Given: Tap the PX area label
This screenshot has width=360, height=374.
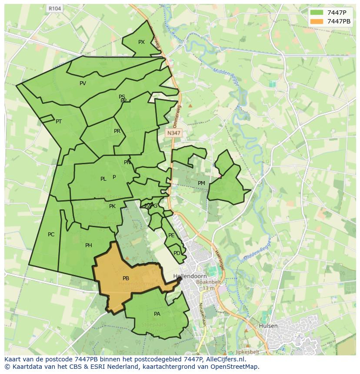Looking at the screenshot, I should pyautogui.click(x=141, y=42).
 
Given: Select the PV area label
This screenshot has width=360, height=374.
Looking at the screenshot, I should pyautogui.click(x=83, y=83).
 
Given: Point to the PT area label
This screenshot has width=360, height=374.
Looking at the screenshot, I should pyautogui.click(x=59, y=122).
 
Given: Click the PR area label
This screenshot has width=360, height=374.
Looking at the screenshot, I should pyautogui.click(x=117, y=131).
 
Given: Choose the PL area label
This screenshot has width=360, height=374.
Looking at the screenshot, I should pyautogui.click(x=103, y=179).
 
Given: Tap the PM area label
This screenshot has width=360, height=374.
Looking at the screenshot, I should pyautogui.click(x=201, y=183).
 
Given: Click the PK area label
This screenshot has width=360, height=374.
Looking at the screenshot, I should pyautogui.click(x=112, y=206).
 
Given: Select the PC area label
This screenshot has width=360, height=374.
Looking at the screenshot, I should pyautogui.click(x=51, y=235).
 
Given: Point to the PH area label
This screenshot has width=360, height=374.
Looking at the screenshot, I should pyautogui.click(x=89, y=245).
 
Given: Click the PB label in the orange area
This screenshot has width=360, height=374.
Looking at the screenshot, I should pyautogui.click(x=126, y=278).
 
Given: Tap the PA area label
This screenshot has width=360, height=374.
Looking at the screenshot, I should pyautogui.click(x=157, y=314).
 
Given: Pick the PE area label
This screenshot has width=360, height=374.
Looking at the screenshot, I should pyautogui.click(x=171, y=235).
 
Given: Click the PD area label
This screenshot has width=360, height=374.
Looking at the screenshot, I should pyautogui.click(x=177, y=253).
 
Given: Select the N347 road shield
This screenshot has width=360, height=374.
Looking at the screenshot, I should pyautogui.click(x=173, y=133).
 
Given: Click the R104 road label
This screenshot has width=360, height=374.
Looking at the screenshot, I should pyautogui.click(x=55, y=8).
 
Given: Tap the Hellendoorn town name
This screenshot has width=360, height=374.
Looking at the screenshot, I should pyautogui.click(x=190, y=276).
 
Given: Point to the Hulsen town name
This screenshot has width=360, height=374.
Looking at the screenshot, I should pyautogui.click(x=268, y=325).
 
